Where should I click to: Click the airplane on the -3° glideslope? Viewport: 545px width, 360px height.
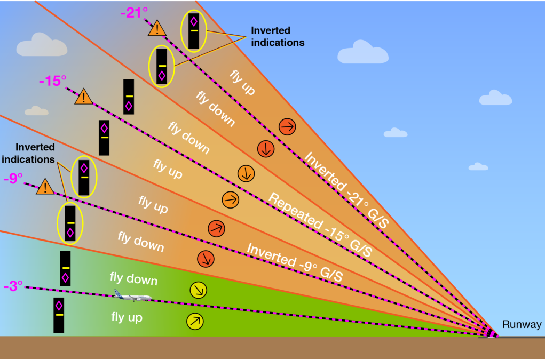click(x=133, y=295)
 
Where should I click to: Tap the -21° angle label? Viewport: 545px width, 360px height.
click(x=134, y=13)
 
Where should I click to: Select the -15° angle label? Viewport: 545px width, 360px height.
click(x=52, y=81)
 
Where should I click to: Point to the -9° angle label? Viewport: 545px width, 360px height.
click(x=13, y=179)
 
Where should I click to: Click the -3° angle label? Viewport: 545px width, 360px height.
click(x=13, y=286)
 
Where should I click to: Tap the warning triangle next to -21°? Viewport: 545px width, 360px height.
click(x=157, y=28)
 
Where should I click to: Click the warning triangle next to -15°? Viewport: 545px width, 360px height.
click(x=83, y=97)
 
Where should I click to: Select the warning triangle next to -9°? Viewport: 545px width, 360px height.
click(x=45, y=187)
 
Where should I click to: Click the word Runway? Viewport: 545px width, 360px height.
click(x=522, y=325)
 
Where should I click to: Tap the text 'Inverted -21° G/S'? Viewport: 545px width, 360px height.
click(x=346, y=190)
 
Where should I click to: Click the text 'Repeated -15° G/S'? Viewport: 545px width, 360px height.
click(x=320, y=225)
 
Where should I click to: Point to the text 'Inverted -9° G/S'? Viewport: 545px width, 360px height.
click(x=295, y=262)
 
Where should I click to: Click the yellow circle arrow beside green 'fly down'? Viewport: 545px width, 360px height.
click(x=199, y=290)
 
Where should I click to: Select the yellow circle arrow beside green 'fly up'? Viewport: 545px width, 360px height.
click(x=195, y=321)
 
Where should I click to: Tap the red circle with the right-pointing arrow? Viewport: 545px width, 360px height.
click(x=287, y=127)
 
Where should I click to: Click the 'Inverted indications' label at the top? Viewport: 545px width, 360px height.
click(x=278, y=36)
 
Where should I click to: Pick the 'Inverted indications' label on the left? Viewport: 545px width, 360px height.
click(x=28, y=153)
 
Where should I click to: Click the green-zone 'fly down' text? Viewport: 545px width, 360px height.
click(x=133, y=278)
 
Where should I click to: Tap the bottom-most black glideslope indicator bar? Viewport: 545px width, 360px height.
click(x=59, y=315)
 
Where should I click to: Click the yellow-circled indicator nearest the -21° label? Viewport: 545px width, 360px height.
click(x=194, y=31)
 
